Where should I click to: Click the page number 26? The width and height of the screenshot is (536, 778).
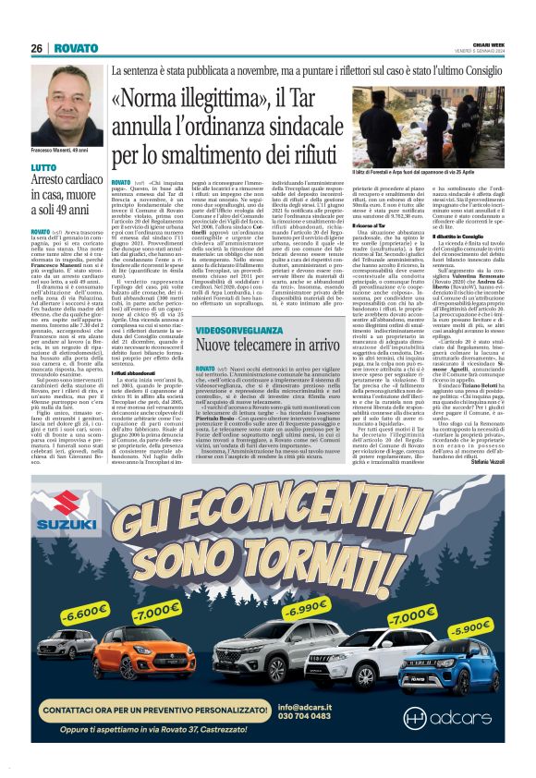coord(37,48)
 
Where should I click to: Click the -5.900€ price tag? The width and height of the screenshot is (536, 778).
coord(470,627)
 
